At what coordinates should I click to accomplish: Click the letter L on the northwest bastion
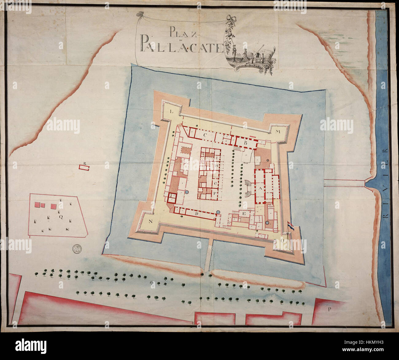pos(172,112)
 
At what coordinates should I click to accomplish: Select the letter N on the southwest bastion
pos(151,222)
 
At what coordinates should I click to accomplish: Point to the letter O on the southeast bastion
pos(282,241)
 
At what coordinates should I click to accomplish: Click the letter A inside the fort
pos(261,189)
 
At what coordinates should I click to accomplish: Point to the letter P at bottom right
pos(329,309)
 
